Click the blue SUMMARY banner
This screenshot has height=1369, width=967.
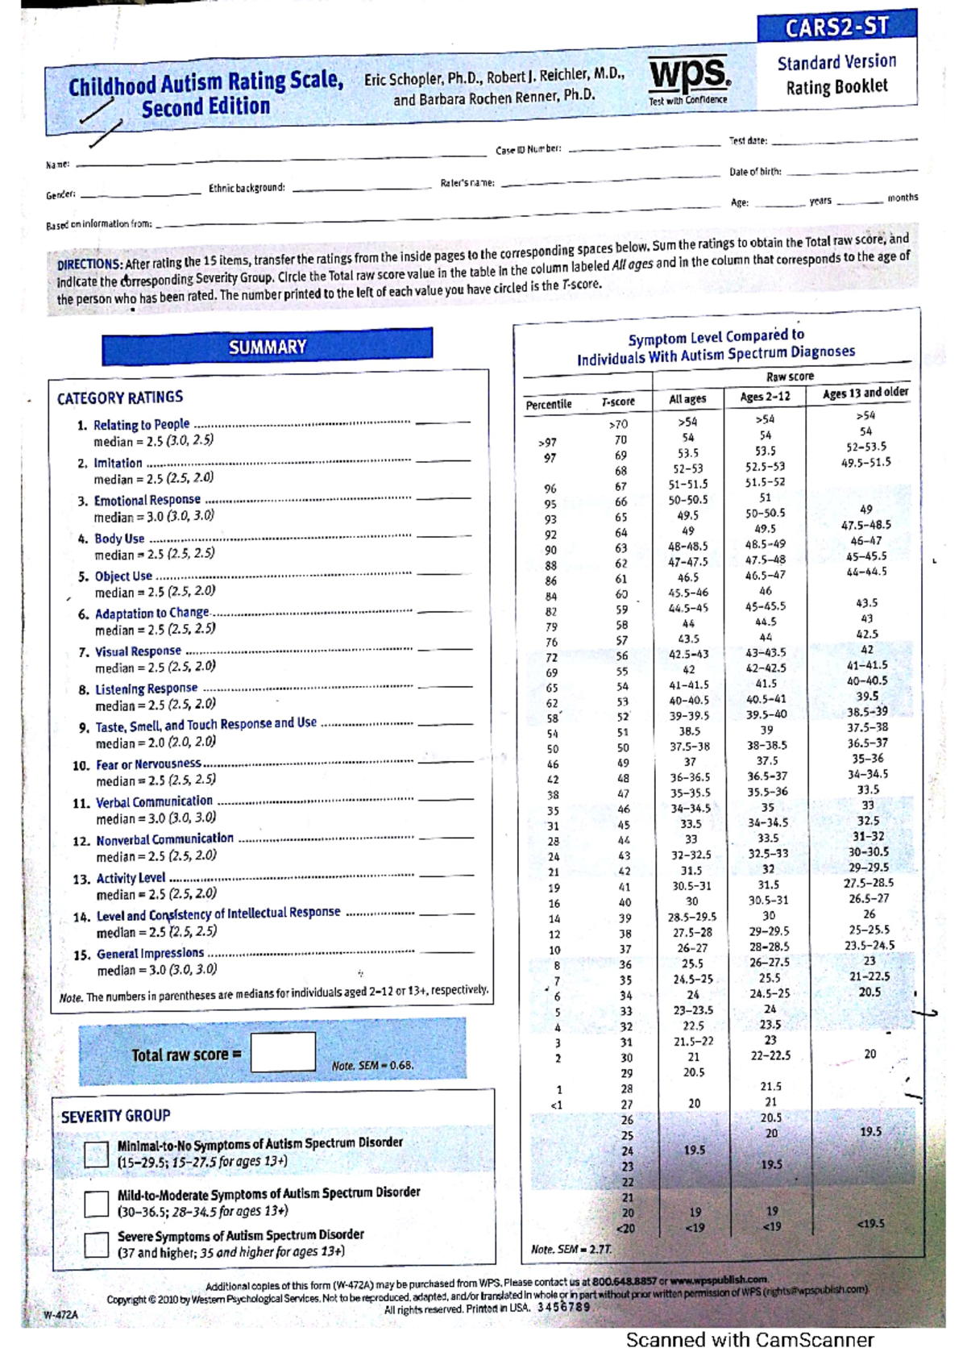[x=267, y=347]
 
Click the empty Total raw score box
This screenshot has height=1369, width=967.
[x=283, y=1052]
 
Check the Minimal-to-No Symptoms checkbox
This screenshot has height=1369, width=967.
[x=96, y=1154]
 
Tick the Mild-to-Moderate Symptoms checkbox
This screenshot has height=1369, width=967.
[x=96, y=1204]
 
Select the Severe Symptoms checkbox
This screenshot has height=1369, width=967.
[x=96, y=1244]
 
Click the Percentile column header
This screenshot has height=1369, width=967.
[x=549, y=404]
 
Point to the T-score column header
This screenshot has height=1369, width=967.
[x=618, y=402]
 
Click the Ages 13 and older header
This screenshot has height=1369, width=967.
[x=865, y=393]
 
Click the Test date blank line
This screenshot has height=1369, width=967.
[x=842, y=140]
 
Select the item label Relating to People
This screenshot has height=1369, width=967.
[x=141, y=425]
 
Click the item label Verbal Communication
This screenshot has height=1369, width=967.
[x=154, y=801]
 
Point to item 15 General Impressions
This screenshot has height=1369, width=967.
[x=150, y=954]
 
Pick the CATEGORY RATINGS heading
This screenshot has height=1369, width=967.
[x=120, y=397]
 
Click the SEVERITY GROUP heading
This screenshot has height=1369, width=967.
[x=116, y=1116]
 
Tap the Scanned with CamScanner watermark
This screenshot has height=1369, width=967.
[x=749, y=1340]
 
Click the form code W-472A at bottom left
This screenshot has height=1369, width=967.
[x=61, y=1314]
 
